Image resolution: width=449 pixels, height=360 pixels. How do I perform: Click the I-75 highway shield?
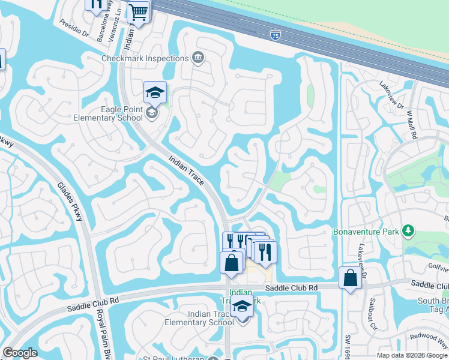tap(276, 35)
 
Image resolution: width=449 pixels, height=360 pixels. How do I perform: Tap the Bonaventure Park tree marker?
tap(408, 230)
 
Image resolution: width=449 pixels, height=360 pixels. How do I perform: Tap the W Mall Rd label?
tap(412, 123)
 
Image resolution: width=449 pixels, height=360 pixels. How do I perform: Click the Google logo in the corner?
tap(20, 353)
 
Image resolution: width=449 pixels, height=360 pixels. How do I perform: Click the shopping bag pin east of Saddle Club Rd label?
tap(349, 279)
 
